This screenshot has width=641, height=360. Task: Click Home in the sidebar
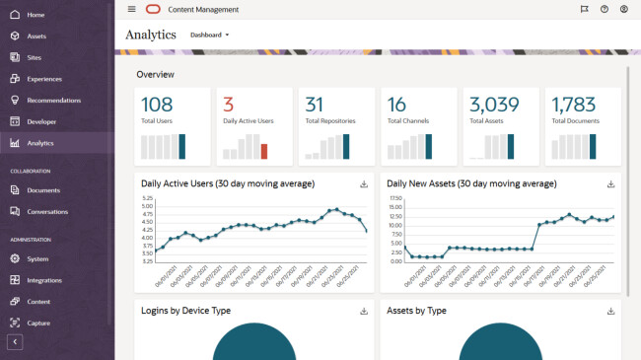click(x=36, y=15)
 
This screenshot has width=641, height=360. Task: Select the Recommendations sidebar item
click(x=53, y=101)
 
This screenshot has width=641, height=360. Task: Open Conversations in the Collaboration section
click(x=47, y=211)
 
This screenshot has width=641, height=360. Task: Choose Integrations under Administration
click(x=44, y=280)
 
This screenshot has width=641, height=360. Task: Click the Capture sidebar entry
click(x=38, y=323)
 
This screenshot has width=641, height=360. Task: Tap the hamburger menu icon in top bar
click(x=132, y=9)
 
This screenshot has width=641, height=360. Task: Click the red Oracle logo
click(x=153, y=9)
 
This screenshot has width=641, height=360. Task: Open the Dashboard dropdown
click(x=209, y=35)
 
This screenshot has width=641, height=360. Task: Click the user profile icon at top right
click(x=623, y=9)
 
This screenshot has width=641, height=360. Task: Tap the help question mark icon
click(x=604, y=9)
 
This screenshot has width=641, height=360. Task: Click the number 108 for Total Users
click(x=157, y=105)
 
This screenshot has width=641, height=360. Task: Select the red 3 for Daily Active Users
click(x=228, y=105)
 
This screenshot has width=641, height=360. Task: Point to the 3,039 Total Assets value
click(x=494, y=105)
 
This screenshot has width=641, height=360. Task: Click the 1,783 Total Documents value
click(x=575, y=105)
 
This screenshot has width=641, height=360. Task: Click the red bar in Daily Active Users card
click(x=263, y=151)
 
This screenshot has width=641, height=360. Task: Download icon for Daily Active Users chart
click(x=363, y=183)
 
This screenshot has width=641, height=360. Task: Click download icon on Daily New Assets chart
click(x=610, y=183)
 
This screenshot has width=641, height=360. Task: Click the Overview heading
click(x=156, y=75)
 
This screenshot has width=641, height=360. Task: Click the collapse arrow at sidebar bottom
click(x=15, y=342)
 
